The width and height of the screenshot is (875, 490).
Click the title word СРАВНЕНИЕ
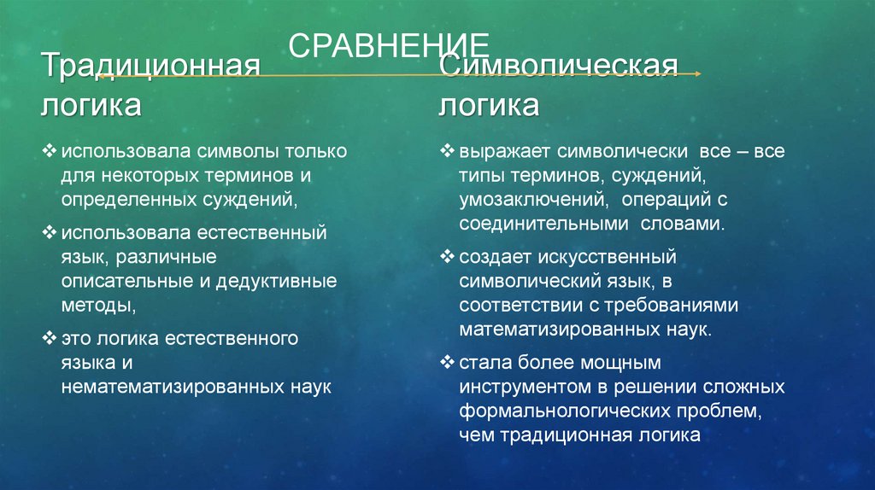(x=389, y=46)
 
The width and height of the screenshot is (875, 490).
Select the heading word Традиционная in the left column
(x=152, y=67)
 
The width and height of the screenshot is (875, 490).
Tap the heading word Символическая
(x=559, y=67)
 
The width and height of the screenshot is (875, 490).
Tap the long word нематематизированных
(x=167, y=386)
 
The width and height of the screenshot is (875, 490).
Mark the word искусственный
(x=598, y=256)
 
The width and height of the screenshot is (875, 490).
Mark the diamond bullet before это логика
(x=49, y=338)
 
